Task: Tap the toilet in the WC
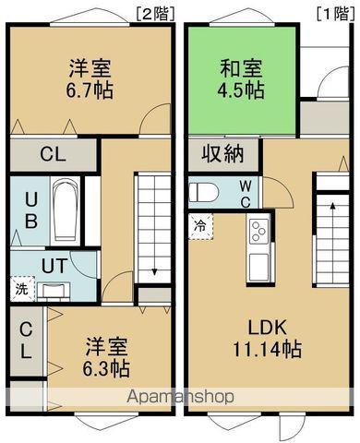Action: click(205, 193)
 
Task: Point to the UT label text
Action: click(53, 263)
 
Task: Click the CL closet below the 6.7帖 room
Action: click(53, 154)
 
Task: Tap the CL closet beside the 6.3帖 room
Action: click(26, 340)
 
